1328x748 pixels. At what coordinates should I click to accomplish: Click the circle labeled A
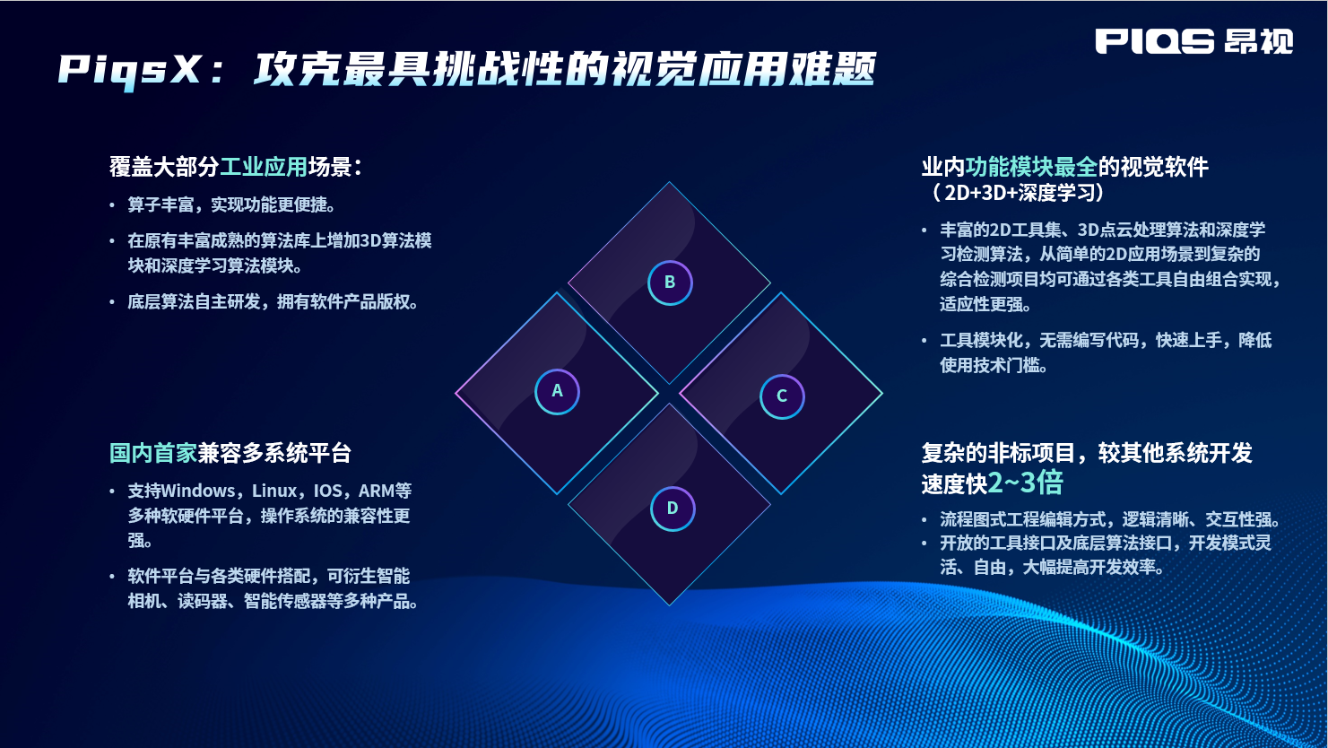557,392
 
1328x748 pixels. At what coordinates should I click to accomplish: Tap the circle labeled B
670,283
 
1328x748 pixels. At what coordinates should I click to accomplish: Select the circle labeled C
782,396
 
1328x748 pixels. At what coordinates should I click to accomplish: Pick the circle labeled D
673,509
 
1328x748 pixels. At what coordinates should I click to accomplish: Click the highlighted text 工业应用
264,167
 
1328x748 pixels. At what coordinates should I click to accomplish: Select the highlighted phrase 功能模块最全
1031,167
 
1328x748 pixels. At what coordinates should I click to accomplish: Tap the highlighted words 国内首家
153,453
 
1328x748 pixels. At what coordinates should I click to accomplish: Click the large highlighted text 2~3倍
1025,483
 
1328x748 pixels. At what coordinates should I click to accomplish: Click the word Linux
274,491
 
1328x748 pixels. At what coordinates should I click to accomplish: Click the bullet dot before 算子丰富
112,205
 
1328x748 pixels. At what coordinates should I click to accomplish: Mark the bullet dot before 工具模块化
924,341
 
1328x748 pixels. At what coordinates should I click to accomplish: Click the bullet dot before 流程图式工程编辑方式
924,520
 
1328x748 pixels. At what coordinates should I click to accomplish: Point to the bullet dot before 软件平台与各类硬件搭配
112,577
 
